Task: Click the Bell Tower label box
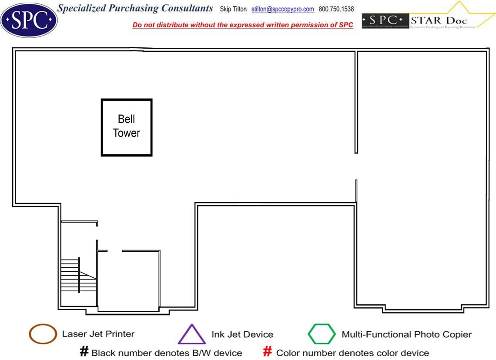pos(127,127)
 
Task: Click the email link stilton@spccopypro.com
pos(283,9)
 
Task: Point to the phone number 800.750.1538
pos(336,9)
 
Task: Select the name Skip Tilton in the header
pos(233,9)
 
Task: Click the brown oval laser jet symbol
pos(43,334)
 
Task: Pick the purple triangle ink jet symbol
pos(191,335)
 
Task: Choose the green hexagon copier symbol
pos(322,334)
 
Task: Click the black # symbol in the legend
pos(84,352)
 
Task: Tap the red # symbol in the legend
pos(268,352)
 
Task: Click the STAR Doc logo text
pos(439,20)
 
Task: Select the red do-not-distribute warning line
pos(243,25)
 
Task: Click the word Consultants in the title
pos(187,8)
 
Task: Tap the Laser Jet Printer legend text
pos(98,334)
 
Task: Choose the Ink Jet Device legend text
pos(242,334)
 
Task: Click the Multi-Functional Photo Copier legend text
pos(406,334)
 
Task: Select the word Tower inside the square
pos(127,133)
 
